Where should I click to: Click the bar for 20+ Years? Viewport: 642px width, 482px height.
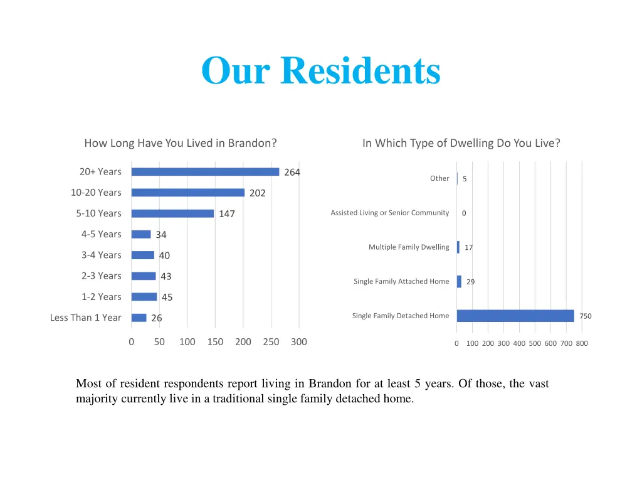(x=205, y=172)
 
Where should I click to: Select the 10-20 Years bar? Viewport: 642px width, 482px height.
(x=188, y=193)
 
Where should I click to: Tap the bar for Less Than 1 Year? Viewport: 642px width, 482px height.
(x=139, y=318)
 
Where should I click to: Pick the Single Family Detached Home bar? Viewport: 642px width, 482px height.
(x=515, y=316)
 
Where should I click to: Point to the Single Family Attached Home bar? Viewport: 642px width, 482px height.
(x=459, y=282)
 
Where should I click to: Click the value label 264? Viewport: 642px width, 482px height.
(x=292, y=173)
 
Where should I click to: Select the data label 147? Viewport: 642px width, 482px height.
(x=227, y=214)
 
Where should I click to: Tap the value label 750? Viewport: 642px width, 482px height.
(x=585, y=316)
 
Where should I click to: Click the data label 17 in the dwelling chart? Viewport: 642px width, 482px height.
(x=468, y=248)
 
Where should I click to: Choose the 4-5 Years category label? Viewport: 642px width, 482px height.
(x=101, y=234)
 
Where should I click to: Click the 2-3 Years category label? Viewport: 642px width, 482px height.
(x=101, y=276)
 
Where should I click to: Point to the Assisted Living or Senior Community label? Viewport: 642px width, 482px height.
(x=389, y=213)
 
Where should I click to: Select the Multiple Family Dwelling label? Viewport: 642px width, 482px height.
(x=409, y=247)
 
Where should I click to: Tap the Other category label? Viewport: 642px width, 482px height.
(x=439, y=178)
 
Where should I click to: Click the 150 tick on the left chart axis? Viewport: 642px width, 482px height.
(x=215, y=342)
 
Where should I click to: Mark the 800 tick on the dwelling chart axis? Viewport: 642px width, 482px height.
(x=582, y=343)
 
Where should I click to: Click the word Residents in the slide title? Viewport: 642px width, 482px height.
(x=360, y=70)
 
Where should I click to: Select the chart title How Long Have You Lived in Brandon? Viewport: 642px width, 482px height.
(x=181, y=143)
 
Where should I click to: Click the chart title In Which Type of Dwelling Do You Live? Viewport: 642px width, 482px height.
(x=461, y=143)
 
